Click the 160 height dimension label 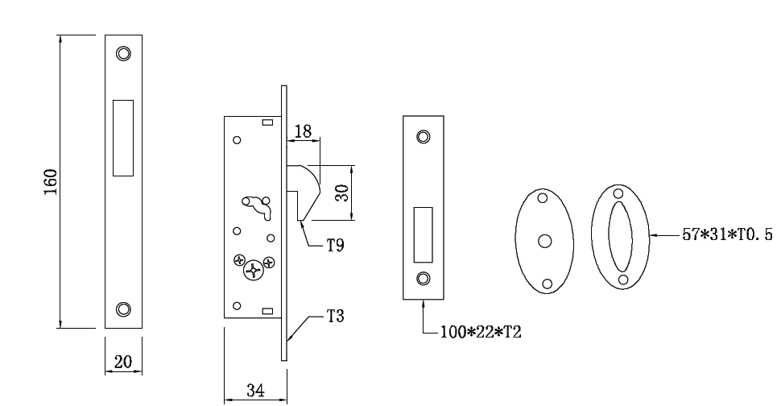pyautogui.click(x=50, y=182)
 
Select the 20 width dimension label pyautogui.click(x=123, y=362)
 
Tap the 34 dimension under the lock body pyautogui.click(x=254, y=390)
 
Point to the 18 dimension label pyautogui.click(x=304, y=131)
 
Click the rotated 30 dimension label pyautogui.click(x=341, y=193)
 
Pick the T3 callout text pyautogui.click(x=336, y=317)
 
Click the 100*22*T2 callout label pyautogui.click(x=481, y=332)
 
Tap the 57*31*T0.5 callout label pyautogui.click(x=726, y=236)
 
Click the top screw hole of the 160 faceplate pyautogui.click(x=123, y=53)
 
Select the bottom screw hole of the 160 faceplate pyautogui.click(x=123, y=309)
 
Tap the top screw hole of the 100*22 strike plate pyautogui.click(x=423, y=136)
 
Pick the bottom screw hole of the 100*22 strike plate pyautogui.click(x=423, y=279)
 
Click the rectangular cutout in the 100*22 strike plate pyautogui.click(x=423, y=234)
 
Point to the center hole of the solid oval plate pyautogui.click(x=544, y=240)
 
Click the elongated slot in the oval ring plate pyautogui.click(x=621, y=237)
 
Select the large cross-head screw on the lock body pyautogui.click(x=254, y=270)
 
